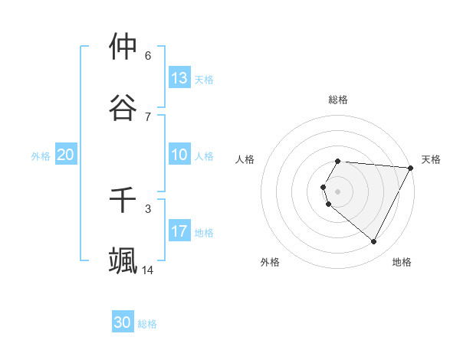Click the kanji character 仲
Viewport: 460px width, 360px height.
point(123,47)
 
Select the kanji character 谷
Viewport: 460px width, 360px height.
point(123,108)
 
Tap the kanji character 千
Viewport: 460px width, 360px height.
point(123,200)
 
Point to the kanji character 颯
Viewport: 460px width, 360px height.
point(123,261)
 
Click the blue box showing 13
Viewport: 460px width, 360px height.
point(179,77)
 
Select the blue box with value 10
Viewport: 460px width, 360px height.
point(179,155)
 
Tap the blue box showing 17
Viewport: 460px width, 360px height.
point(179,231)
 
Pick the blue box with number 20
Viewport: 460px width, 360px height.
point(66,155)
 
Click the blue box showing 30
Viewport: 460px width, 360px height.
point(123,322)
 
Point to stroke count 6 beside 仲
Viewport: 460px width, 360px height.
point(148,55)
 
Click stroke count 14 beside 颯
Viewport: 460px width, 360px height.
point(148,270)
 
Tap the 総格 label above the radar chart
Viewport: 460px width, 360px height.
point(338,100)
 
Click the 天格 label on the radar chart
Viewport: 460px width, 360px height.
point(431,159)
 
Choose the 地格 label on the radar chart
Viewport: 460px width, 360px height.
point(402,262)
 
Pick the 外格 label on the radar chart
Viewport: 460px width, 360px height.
point(270,262)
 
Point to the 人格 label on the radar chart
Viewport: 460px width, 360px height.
point(245,159)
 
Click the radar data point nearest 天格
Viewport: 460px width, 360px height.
point(411,168)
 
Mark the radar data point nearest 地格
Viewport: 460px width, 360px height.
point(374,242)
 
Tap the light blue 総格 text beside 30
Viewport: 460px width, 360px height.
point(148,324)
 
